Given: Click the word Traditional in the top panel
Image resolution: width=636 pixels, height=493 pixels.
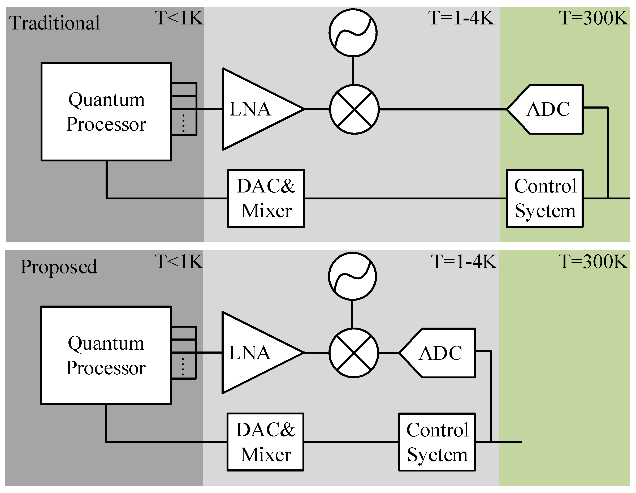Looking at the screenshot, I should click(x=54, y=23).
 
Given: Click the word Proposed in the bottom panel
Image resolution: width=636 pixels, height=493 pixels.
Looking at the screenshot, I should click(x=59, y=266).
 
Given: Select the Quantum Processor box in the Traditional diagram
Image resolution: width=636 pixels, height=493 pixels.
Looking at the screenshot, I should click(x=106, y=112).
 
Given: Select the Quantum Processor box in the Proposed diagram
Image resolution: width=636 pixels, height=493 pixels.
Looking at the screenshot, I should click(x=106, y=355).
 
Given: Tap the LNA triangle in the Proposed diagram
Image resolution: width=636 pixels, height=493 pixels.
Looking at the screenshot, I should click(x=256, y=353).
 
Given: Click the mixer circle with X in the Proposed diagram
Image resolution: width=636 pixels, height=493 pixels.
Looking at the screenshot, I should click(x=353, y=353).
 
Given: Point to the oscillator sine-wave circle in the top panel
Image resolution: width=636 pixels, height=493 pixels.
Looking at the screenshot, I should click(x=353, y=32).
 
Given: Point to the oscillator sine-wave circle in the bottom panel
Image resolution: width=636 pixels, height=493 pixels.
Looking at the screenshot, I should click(x=352, y=276).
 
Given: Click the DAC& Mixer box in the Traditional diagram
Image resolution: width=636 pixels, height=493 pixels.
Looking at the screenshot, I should click(x=266, y=198).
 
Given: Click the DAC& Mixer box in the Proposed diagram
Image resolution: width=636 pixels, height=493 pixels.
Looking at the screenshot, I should click(x=265, y=442).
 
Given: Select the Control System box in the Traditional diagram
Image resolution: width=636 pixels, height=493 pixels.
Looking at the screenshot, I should click(x=544, y=198).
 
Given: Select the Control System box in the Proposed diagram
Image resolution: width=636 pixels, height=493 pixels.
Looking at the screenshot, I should click(x=437, y=442).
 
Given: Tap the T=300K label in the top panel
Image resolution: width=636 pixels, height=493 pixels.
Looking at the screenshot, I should click(x=593, y=18).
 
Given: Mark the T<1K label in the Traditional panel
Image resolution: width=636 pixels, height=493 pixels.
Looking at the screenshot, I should click(x=179, y=18).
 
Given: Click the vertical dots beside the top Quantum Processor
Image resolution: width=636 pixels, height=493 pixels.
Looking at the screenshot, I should click(x=183, y=123).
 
